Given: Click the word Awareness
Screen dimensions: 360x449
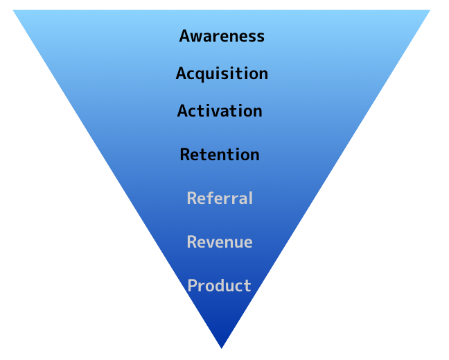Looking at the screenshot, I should (222, 36).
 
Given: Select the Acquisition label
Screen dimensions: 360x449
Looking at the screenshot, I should (222, 74).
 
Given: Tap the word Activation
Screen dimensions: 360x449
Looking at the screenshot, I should (220, 111).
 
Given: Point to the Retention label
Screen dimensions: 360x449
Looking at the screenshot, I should (220, 155).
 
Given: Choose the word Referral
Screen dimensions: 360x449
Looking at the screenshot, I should (220, 198).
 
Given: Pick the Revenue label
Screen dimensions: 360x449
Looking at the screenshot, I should (220, 242).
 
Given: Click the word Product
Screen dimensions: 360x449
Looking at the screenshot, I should (220, 286).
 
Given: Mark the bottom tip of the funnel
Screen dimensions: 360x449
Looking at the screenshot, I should (222, 347).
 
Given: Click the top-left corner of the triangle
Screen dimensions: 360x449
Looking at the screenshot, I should (14, 10).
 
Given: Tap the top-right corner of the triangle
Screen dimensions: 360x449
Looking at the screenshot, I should (430, 10).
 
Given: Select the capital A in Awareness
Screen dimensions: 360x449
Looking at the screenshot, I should (184, 36).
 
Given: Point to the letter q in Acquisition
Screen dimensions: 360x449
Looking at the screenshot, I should (201, 75).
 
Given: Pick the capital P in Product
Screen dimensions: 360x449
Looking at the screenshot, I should (193, 286).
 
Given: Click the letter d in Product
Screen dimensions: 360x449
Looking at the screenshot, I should (220, 286).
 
